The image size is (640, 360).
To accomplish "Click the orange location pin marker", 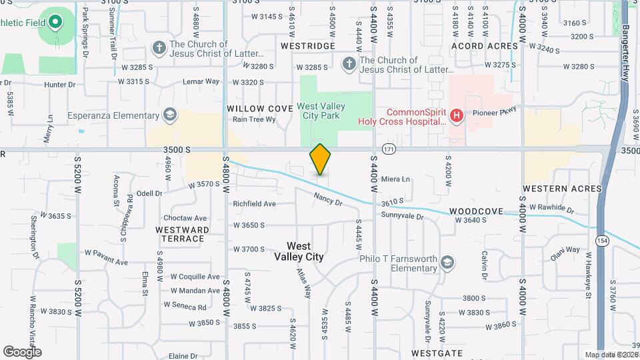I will [320, 159].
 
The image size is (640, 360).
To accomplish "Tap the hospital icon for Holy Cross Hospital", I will [457, 116].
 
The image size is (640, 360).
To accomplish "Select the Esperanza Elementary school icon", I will [170, 115].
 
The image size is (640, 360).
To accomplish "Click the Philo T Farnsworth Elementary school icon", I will [447, 263].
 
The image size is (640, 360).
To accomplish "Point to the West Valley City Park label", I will [318, 111].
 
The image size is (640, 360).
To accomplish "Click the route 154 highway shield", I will [603, 240].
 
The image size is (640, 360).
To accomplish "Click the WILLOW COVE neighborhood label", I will [259, 108].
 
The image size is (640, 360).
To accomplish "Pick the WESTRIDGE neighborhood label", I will [307, 46].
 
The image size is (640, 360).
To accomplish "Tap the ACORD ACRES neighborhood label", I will [485, 46].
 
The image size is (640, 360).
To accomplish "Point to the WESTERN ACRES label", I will [562, 189].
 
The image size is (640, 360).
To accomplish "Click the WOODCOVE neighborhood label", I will [476, 211].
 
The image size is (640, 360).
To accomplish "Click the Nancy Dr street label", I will [328, 198].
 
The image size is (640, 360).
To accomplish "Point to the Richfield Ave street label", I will [254, 204].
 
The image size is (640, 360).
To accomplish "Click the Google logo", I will [22, 352].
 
